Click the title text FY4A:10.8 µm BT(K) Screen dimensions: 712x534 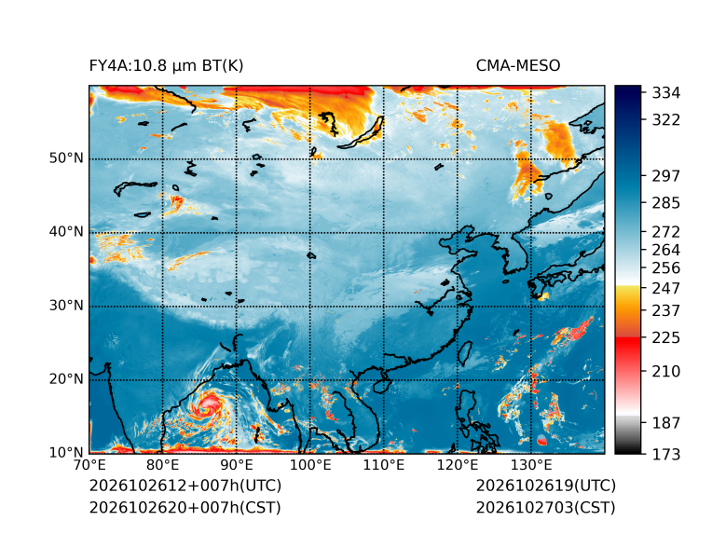166,66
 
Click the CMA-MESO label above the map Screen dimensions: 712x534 518,66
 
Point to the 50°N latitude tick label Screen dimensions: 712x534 66,158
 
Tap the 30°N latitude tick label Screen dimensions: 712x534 66,305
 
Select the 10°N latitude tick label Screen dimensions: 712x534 66,452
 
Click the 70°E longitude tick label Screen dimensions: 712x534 89,465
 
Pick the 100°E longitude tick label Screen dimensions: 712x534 310,465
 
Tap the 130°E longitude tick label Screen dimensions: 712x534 531,465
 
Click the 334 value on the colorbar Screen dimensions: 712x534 666,93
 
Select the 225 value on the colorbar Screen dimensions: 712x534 666,338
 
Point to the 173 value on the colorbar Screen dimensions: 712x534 666,454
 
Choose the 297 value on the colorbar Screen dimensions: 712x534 666,176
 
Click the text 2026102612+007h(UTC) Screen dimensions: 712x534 185,486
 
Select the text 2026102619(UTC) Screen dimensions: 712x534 546,486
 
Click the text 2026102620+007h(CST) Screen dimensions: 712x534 185,507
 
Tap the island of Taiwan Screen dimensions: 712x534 464,354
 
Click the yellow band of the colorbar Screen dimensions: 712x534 628,293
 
